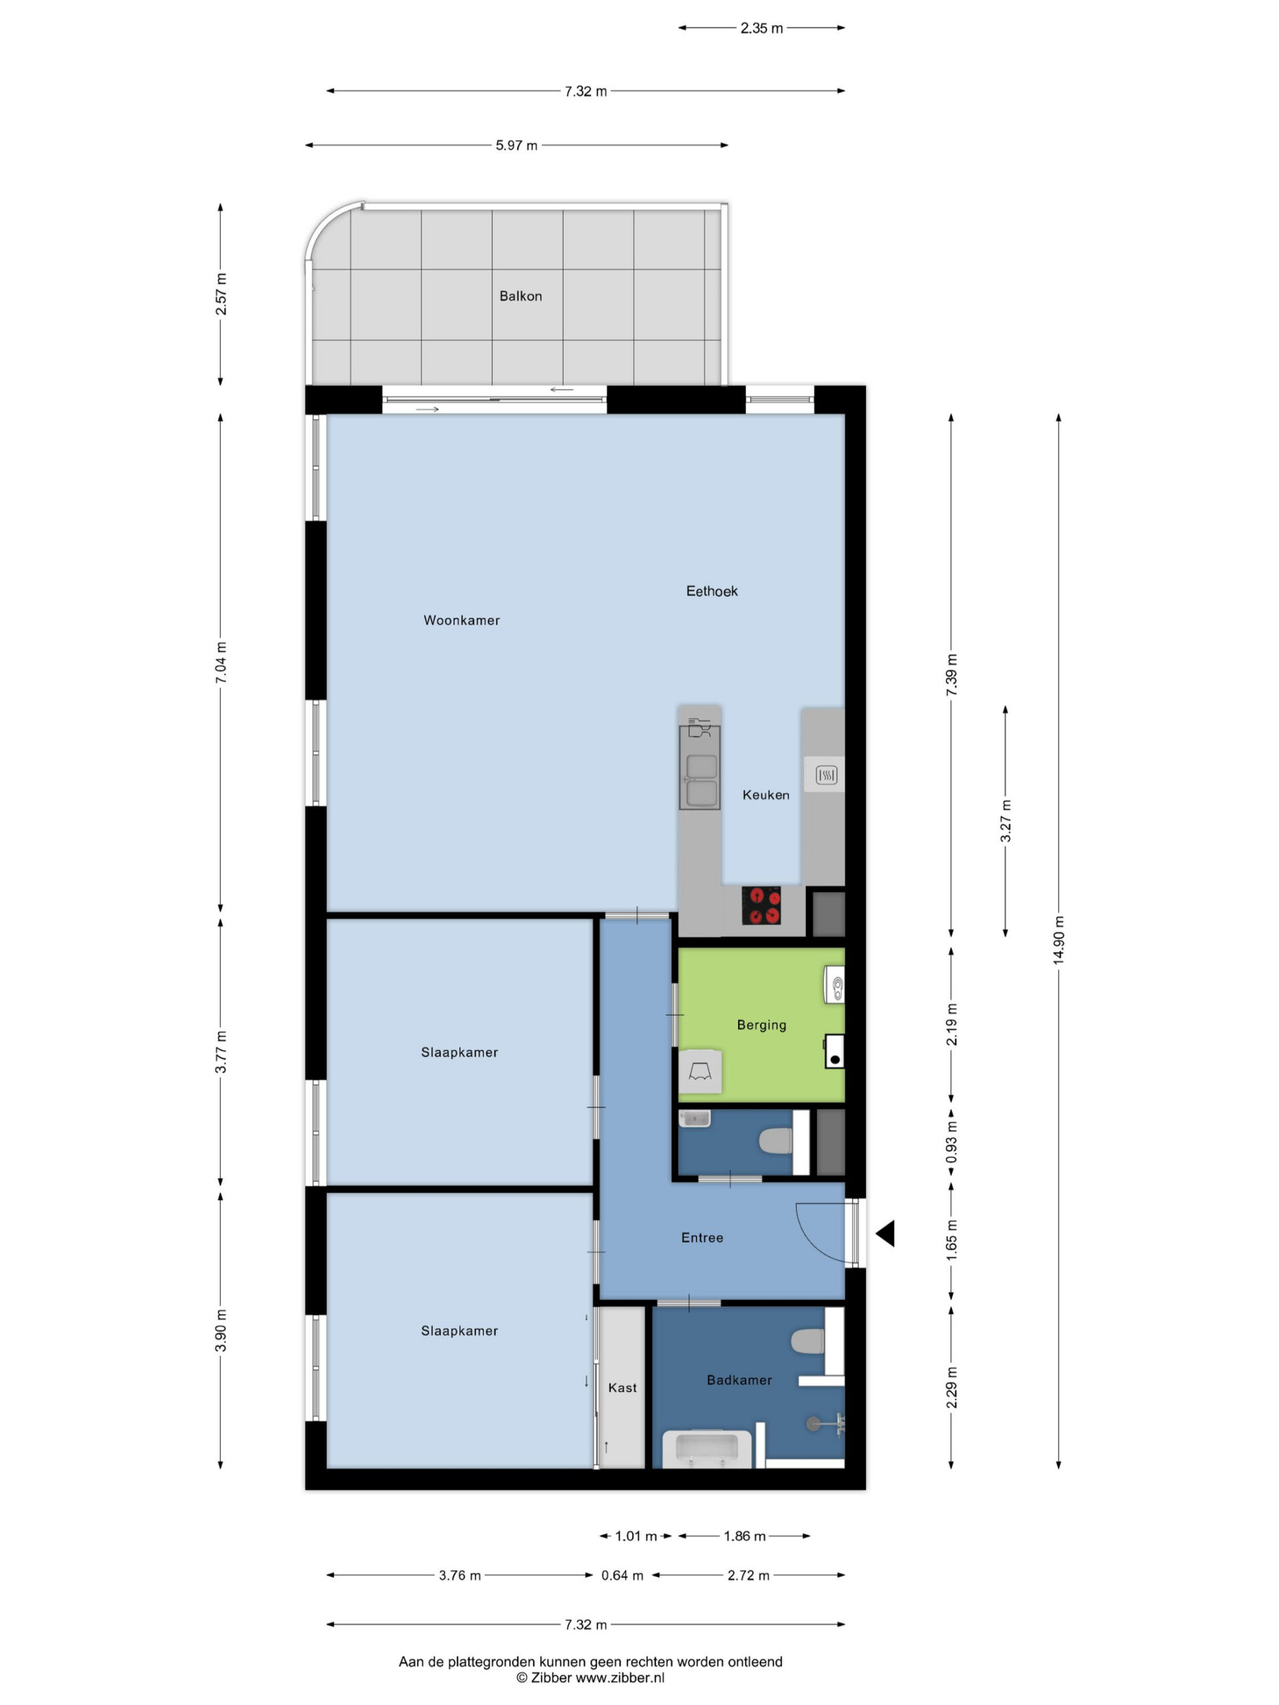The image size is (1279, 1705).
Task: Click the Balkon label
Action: tap(520, 296)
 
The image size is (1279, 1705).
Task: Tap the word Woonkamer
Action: tap(462, 621)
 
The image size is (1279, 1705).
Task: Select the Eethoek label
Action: tap(711, 591)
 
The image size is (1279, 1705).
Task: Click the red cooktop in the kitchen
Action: tap(761, 905)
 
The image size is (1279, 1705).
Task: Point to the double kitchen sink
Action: tap(699, 780)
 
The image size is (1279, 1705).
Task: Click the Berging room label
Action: tap(761, 1024)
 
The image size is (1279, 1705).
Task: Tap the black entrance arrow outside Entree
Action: tap(885, 1233)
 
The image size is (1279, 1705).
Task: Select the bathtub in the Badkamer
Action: tap(707, 1449)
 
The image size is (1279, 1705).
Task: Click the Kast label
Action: tap(622, 1387)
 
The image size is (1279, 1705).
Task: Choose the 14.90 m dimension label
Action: tap(1059, 940)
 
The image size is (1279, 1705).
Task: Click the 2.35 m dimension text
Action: tap(761, 29)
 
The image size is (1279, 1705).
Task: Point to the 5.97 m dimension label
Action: tap(516, 145)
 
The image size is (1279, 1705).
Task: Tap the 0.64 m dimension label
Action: tap(622, 1576)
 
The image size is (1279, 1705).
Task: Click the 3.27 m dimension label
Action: tap(1005, 822)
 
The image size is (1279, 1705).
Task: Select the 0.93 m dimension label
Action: tap(951, 1142)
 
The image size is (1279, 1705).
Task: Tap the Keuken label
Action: tap(765, 795)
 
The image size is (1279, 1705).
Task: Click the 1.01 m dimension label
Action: tap(636, 1536)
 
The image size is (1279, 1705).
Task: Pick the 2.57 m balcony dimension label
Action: tap(221, 294)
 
